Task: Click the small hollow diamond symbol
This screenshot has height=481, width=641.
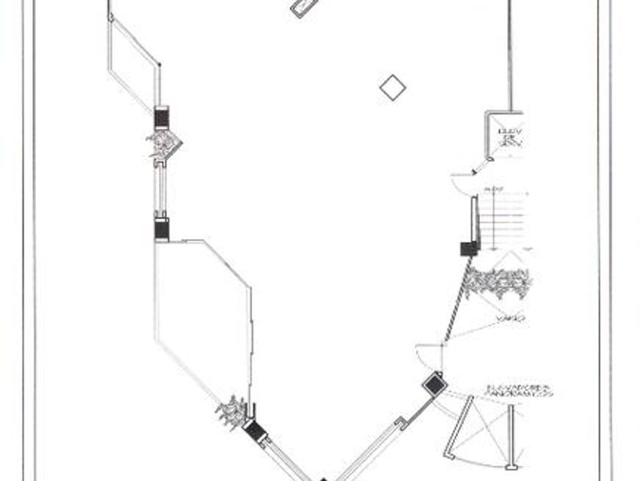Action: [x=392, y=87]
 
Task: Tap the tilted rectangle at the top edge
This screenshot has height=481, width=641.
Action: [x=304, y=7]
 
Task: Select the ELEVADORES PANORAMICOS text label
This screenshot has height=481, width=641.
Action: [x=519, y=392]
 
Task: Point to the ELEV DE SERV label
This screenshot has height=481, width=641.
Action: [x=509, y=137]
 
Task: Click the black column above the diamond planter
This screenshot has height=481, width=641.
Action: [x=162, y=117]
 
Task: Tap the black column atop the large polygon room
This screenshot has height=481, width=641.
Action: [x=162, y=228]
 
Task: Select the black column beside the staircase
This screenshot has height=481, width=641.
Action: [x=469, y=248]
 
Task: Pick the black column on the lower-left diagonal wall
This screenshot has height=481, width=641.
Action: [x=254, y=431]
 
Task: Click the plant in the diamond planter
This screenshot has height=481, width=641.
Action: [x=163, y=143]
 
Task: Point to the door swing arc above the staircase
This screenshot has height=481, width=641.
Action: [x=463, y=183]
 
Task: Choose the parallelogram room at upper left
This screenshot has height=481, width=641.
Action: [x=135, y=65]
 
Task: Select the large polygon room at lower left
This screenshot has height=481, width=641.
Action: [x=202, y=321]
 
